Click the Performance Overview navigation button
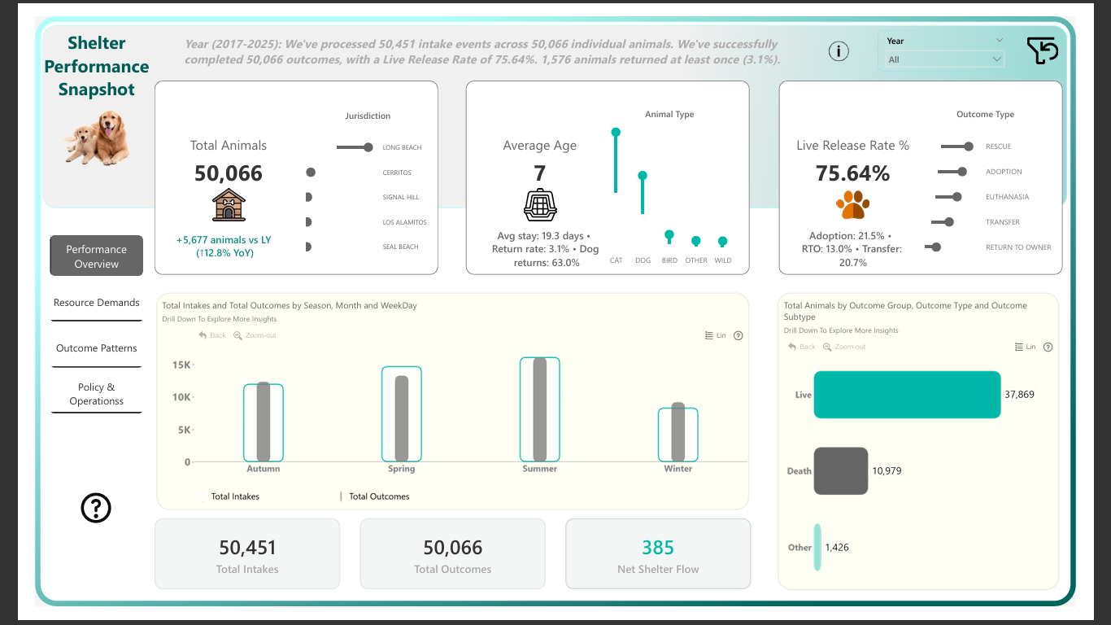(x=96, y=256)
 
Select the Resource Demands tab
(x=96, y=303)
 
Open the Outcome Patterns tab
(x=96, y=348)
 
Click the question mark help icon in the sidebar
(x=96, y=508)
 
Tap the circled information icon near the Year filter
(x=839, y=51)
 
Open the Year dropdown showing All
(x=944, y=59)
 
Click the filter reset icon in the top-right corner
(x=1042, y=50)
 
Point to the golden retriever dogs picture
(x=98, y=138)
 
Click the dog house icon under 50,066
(x=229, y=205)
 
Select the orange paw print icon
(x=852, y=205)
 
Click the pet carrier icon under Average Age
(x=540, y=205)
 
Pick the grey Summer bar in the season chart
(x=540, y=410)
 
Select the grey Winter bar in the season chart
(x=677, y=432)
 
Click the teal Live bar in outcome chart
(x=907, y=395)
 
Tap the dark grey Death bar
(x=841, y=470)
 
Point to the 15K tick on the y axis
(x=181, y=365)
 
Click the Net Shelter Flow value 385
(x=657, y=548)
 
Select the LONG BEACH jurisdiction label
(x=402, y=148)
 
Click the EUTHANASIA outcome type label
(x=1007, y=197)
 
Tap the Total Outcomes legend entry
(x=378, y=496)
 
